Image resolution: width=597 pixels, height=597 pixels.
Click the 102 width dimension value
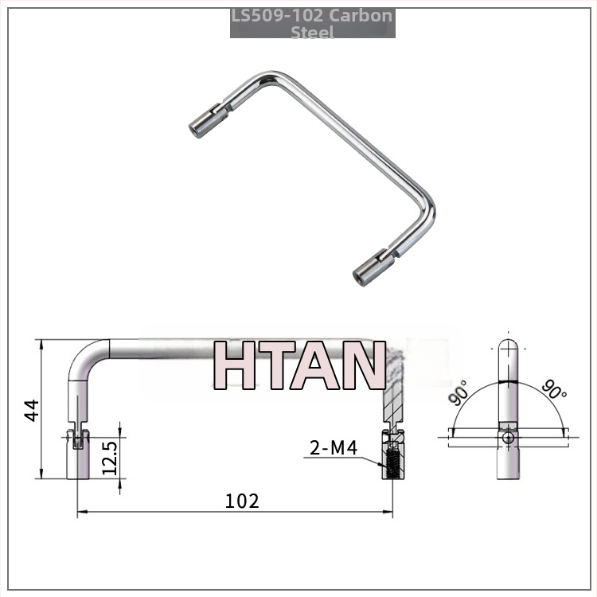pyautogui.click(x=242, y=501)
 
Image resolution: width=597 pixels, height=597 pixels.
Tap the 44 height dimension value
pyautogui.click(x=32, y=410)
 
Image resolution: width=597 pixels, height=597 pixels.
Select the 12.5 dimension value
pyautogui.click(x=110, y=458)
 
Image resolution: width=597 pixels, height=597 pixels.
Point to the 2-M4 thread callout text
pyautogui.click(x=334, y=447)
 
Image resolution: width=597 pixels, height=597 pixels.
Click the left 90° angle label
pyautogui.click(x=458, y=392)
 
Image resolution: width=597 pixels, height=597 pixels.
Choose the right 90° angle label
pyautogui.click(x=554, y=389)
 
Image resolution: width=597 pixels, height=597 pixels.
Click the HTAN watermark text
pyautogui.click(x=299, y=365)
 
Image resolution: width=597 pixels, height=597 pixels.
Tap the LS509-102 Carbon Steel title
pyautogui.click(x=312, y=24)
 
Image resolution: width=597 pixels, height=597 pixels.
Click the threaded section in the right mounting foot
pyautogui.click(x=391, y=464)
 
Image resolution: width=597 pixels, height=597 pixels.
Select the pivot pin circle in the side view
pyautogui.click(x=508, y=438)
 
